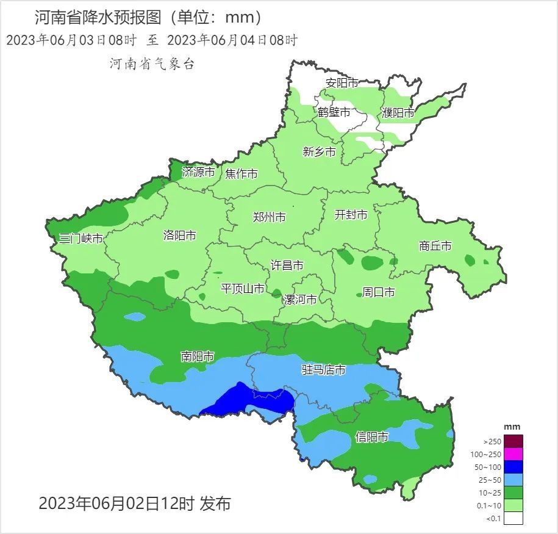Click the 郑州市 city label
[x=269, y=217]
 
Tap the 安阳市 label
[x=342, y=83]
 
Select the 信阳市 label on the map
[x=372, y=437]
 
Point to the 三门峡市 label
[x=80, y=239]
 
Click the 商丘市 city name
[x=435, y=246]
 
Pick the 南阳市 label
[x=198, y=356]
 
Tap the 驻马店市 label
[x=324, y=370]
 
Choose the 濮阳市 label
[x=398, y=113]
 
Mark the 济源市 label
[x=199, y=173]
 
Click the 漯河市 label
[x=300, y=300]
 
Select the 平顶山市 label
[x=243, y=289]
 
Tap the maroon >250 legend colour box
[x=513, y=441]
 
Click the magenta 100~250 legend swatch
[x=513, y=454]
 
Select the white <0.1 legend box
[x=513, y=518]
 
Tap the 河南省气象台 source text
[x=151, y=63]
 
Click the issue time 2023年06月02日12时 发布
[x=135, y=503]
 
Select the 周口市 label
[x=379, y=292]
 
